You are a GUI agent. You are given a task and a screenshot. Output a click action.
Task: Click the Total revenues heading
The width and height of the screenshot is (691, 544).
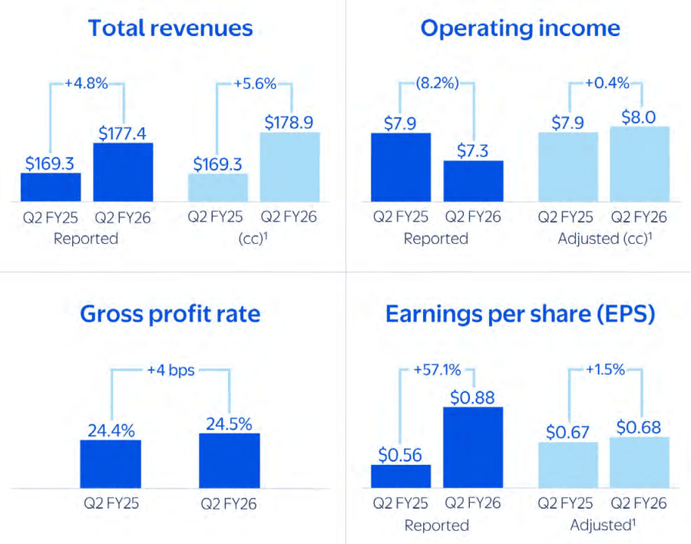[170, 28]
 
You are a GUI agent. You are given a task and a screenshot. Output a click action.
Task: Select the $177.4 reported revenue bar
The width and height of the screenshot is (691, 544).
[124, 172]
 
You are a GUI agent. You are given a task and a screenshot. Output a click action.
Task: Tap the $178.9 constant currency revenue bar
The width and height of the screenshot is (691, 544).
[290, 167]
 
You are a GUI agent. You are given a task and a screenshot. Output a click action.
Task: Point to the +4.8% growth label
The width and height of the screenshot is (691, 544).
[86, 84]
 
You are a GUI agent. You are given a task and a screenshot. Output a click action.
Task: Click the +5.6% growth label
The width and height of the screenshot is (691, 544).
[255, 84]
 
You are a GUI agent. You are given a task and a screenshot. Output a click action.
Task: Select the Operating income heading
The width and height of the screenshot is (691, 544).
[520, 28]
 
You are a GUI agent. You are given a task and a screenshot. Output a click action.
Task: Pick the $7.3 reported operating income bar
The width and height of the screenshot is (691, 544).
[473, 181]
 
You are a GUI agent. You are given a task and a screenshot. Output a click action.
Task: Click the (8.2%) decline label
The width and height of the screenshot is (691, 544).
[437, 83]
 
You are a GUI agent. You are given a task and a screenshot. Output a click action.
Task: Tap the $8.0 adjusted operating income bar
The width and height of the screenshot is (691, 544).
[640, 164]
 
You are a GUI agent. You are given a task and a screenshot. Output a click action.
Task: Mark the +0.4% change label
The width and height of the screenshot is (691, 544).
[607, 83]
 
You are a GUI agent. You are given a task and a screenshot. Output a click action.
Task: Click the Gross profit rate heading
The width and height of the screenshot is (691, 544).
[170, 315]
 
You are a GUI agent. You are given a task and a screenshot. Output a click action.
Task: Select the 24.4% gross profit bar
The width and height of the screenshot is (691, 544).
[111, 464]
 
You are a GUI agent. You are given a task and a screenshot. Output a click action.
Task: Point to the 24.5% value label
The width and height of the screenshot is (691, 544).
[229, 424]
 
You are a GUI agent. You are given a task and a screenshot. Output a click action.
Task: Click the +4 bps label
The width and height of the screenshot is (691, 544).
[170, 371]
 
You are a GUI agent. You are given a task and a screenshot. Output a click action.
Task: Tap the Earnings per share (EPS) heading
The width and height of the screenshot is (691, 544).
[520, 315]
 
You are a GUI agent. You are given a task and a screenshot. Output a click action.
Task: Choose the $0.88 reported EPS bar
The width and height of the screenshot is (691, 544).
[473, 447]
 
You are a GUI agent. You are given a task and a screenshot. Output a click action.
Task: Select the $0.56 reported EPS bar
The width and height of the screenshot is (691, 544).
[401, 476]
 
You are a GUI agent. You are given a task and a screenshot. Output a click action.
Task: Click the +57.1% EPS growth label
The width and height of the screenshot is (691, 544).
[437, 370]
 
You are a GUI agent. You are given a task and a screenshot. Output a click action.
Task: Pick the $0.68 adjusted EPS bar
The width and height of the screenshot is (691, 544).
[640, 463]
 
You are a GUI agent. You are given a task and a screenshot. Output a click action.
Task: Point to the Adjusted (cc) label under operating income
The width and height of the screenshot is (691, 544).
[605, 239]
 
